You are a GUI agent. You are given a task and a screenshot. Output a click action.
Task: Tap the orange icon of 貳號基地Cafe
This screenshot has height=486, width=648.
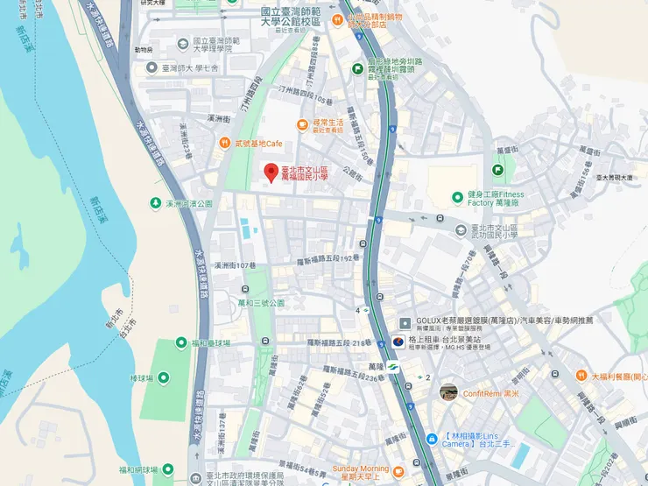[226, 143]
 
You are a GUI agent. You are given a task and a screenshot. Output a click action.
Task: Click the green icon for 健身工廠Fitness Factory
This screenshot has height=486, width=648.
[457, 198]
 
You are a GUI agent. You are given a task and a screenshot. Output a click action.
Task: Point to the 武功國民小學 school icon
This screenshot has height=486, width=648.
[461, 229]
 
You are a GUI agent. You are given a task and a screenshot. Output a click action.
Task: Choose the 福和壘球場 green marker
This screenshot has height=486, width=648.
[181, 342]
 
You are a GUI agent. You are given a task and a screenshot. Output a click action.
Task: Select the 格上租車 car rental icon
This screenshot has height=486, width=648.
[396, 340]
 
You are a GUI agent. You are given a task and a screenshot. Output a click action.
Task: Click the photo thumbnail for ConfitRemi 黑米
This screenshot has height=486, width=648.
[448, 392]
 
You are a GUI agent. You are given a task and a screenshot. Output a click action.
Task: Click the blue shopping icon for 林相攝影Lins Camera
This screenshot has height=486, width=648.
[431, 439]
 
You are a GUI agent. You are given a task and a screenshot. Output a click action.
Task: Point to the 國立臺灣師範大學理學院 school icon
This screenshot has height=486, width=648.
[182, 42]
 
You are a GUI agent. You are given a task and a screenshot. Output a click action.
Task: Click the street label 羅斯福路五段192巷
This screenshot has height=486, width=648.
[327, 258]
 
